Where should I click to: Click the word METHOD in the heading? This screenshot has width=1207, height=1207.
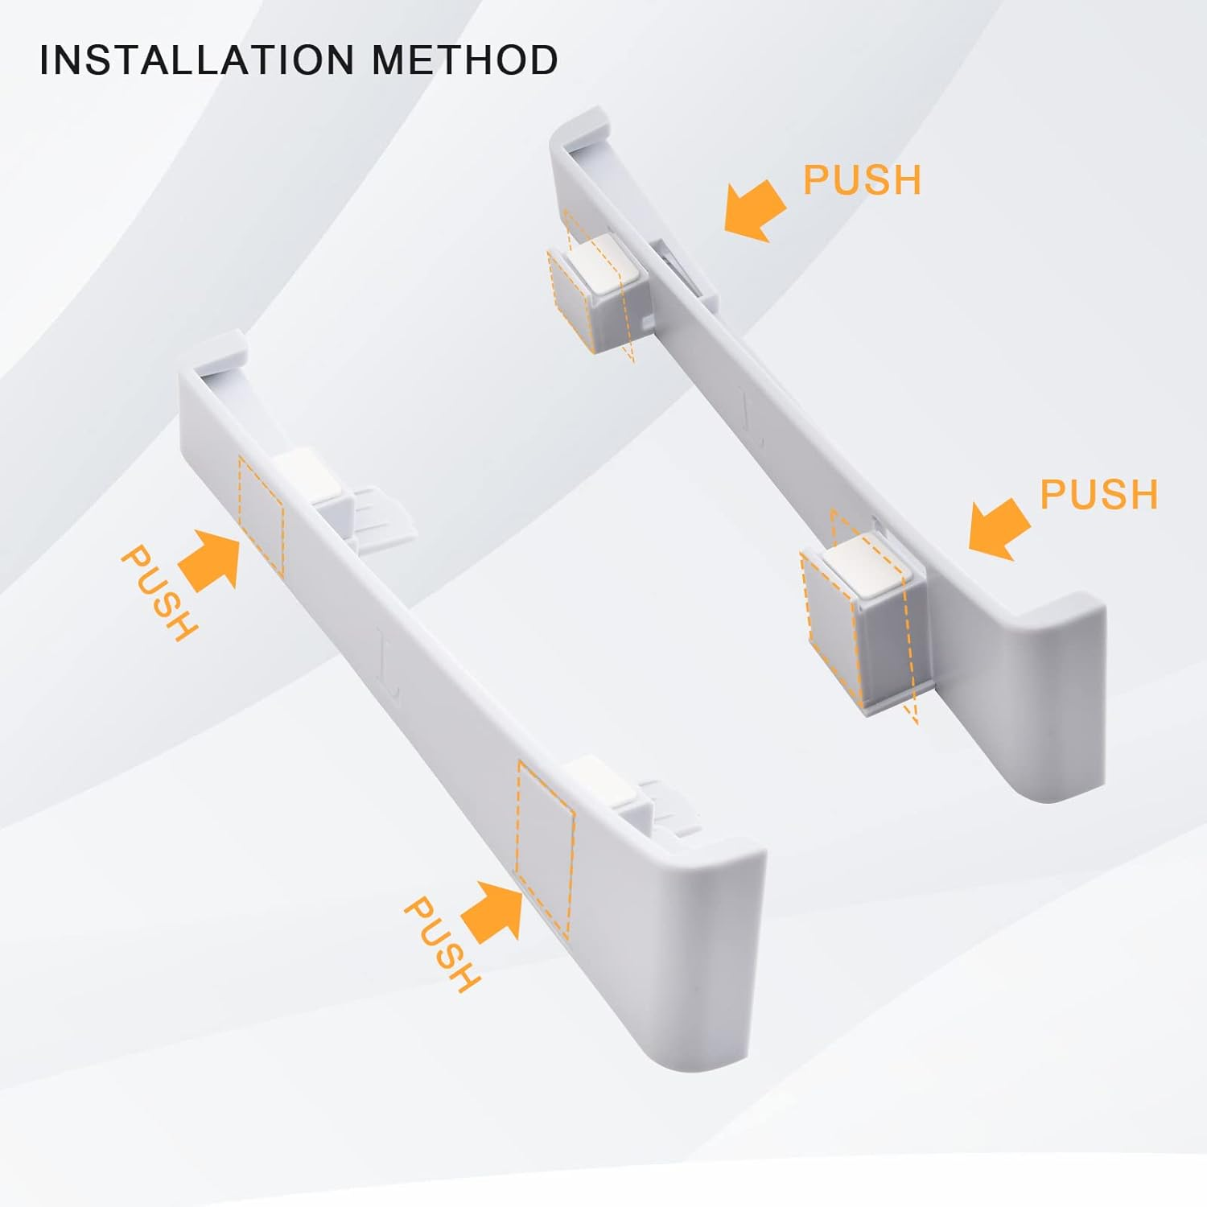coord(465,60)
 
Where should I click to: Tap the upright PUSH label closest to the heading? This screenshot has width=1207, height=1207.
coord(862,179)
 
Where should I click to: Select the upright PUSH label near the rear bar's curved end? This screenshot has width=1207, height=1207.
coord(1098,493)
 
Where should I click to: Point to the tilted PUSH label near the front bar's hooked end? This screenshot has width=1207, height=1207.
coord(159,593)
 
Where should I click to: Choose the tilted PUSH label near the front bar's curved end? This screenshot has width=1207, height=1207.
coord(442,944)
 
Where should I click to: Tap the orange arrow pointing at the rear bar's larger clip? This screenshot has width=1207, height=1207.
coord(999,529)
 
